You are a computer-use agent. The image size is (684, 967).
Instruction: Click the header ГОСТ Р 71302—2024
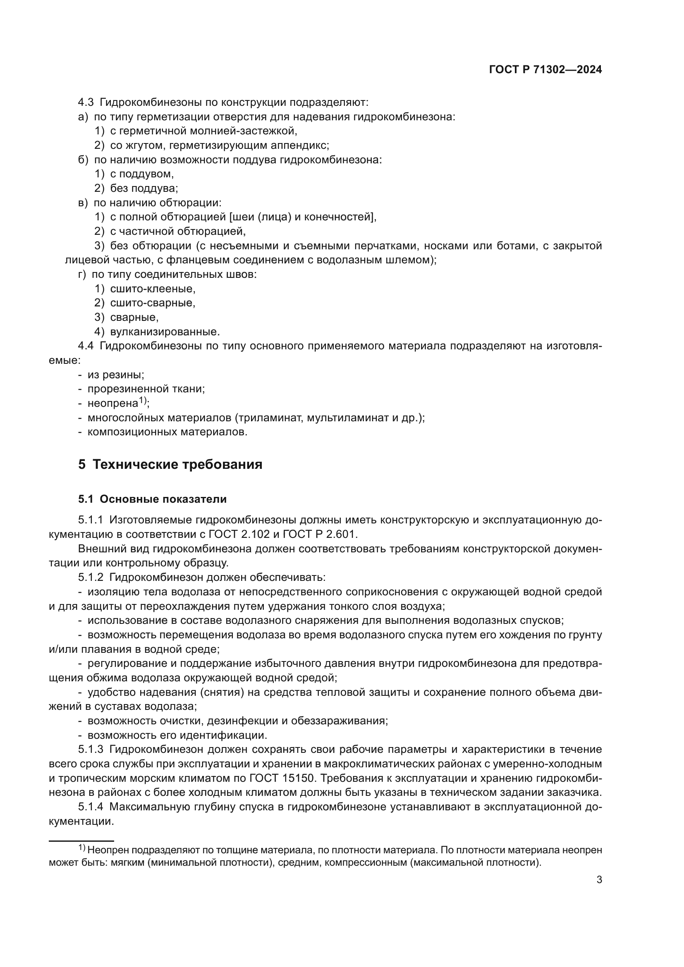point(545,70)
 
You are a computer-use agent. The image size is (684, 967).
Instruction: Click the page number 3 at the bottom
point(599,880)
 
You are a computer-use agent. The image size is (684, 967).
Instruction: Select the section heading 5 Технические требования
point(170,465)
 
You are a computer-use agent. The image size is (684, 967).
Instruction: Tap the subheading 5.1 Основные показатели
point(152,499)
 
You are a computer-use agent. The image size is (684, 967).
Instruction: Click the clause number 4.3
point(86,103)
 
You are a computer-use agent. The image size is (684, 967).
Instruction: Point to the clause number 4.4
point(86,346)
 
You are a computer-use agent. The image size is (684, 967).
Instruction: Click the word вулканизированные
point(165,332)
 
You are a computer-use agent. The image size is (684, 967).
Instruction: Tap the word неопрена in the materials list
point(112,404)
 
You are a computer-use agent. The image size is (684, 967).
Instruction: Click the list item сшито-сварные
point(153,303)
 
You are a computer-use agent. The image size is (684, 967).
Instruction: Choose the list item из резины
point(116,375)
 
